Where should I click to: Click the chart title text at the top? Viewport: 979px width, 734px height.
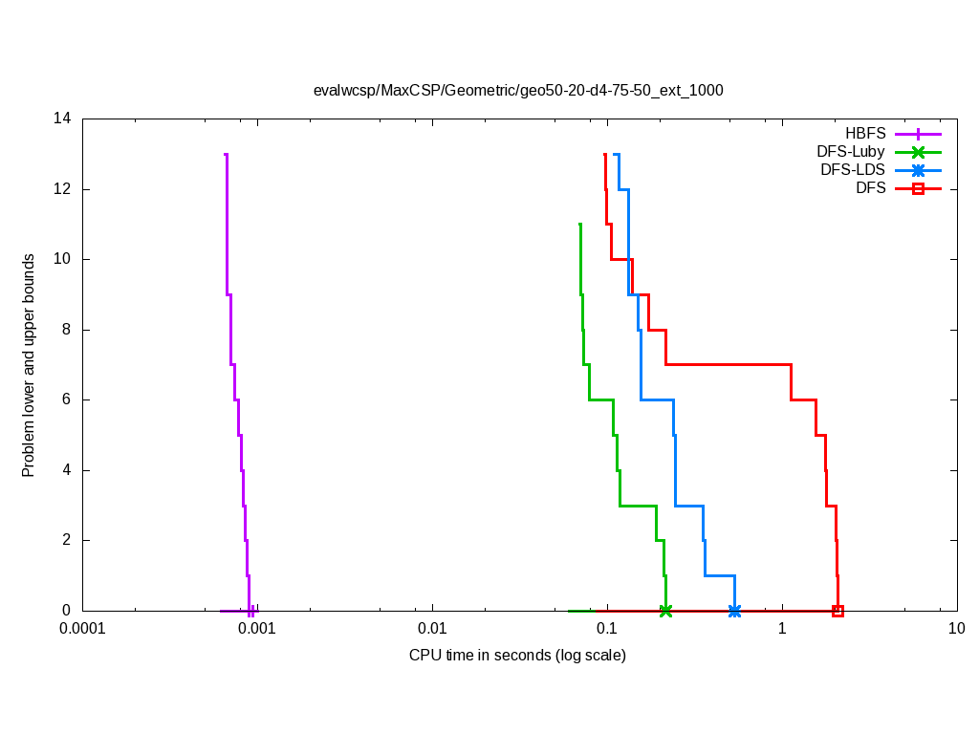click(x=518, y=91)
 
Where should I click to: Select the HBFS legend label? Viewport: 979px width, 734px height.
click(x=865, y=134)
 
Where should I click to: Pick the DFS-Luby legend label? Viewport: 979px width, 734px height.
click(x=850, y=152)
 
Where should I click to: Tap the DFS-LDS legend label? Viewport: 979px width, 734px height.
click(x=853, y=170)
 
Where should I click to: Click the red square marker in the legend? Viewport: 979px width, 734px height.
click(x=918, y=189)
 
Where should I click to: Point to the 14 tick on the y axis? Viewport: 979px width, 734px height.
click(x=63, y=119)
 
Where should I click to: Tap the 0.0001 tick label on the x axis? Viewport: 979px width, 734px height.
click(x=82, y=629)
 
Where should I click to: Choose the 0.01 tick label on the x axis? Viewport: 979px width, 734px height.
click(x=432, y=629)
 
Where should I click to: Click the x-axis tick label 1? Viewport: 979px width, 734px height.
click(x=782, y=629)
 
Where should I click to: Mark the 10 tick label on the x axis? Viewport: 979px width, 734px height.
click(x=956, y=629)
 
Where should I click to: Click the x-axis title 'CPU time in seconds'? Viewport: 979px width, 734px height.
click(x=517, y=656)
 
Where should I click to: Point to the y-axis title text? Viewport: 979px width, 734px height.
click(x=29, y=365)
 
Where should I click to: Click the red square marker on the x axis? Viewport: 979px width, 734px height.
click(x=838, y=611)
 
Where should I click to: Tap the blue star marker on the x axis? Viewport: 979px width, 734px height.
click(x=734, y=611)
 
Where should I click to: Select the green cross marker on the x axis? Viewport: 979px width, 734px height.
click(x=665, y=611)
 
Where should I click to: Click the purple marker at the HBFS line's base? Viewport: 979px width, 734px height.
click(x=250, y=611)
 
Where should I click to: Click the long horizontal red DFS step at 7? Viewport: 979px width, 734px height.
click(x=727, y=364)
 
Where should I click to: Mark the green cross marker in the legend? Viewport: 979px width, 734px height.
click(x=918, y=152)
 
